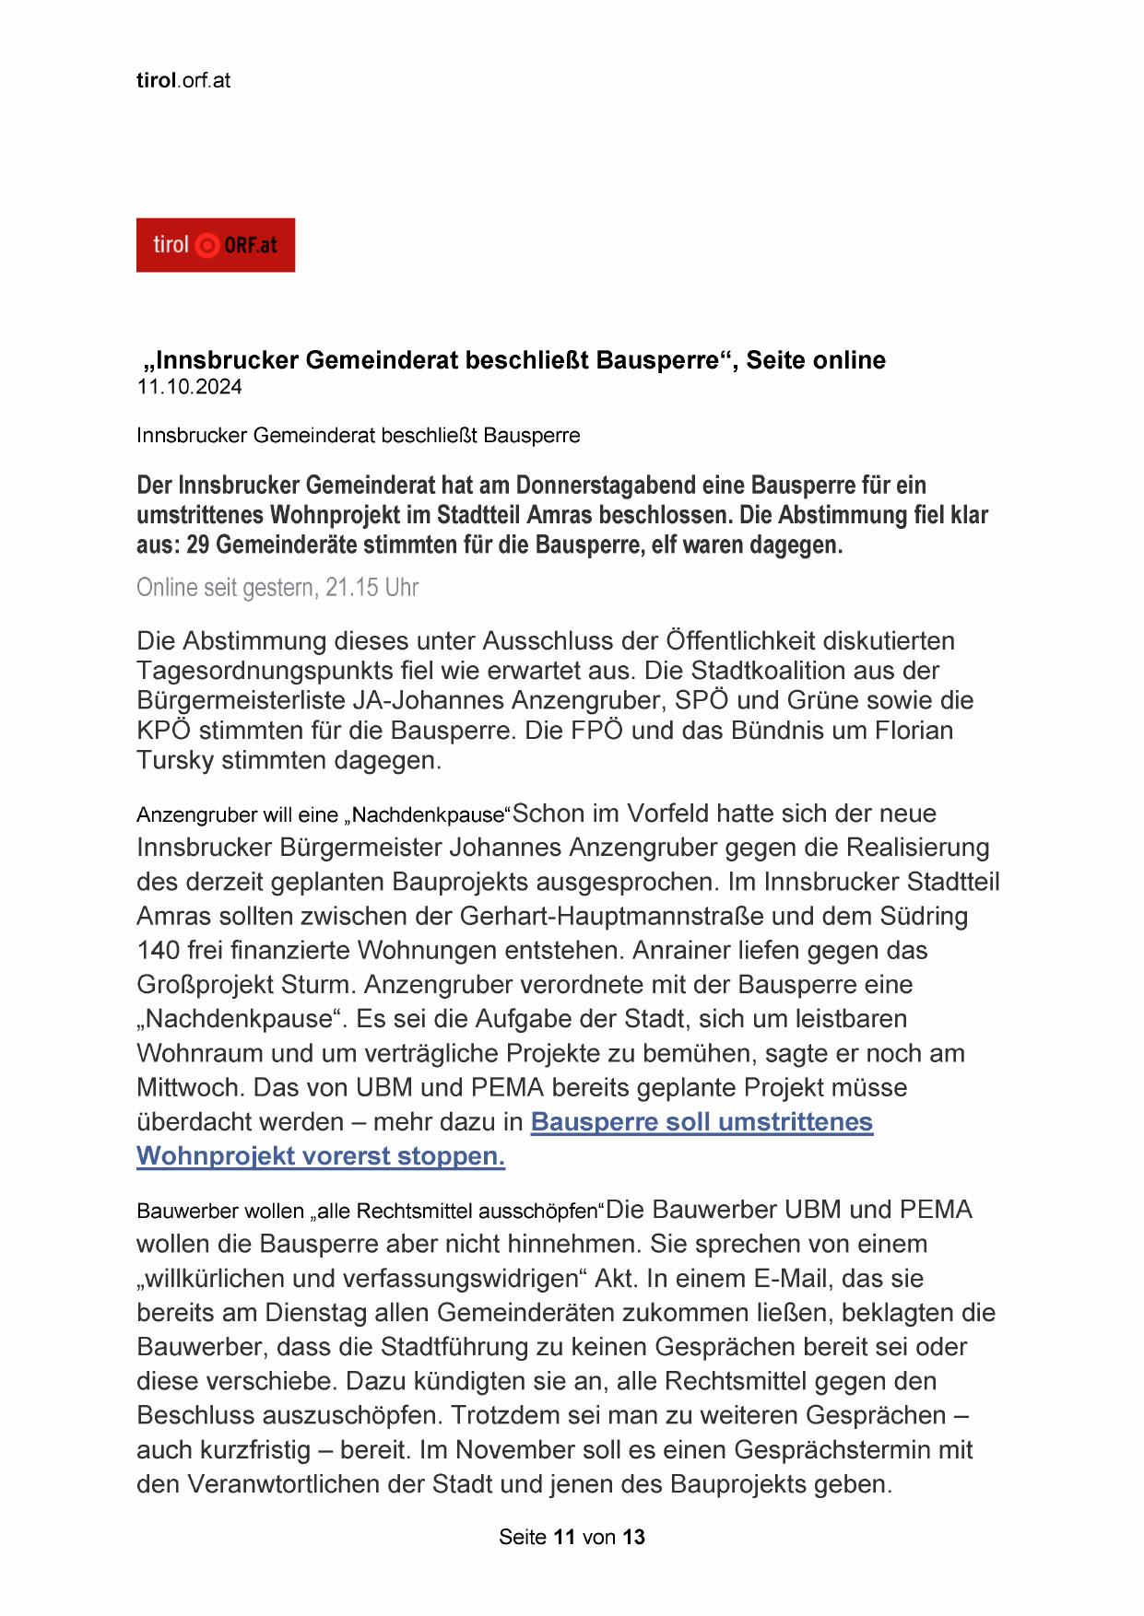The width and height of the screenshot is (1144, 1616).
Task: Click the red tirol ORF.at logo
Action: coord(215,245)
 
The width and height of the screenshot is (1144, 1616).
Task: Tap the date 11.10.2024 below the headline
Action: coord(189,387)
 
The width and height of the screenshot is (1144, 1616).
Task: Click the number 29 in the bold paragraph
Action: coord(198,545)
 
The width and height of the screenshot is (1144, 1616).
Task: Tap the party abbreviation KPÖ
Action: coord(163,731)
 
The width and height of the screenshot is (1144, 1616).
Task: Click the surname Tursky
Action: coord(175,761)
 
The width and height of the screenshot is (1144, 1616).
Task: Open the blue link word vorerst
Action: coord(356,1156)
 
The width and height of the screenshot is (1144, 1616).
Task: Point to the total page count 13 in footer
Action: coord(633,1538)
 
